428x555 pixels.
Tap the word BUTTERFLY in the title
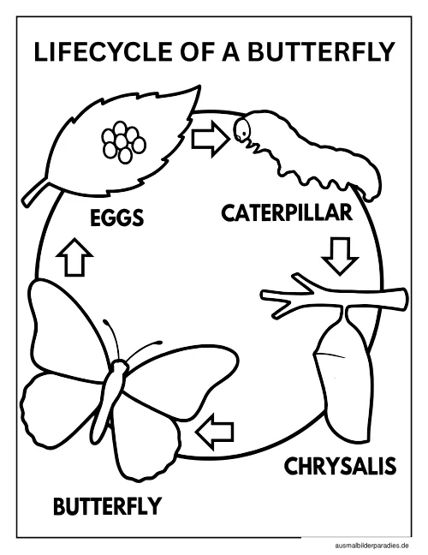point(321,51)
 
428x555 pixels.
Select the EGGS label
point(116,218)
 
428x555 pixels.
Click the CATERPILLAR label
point(287,212)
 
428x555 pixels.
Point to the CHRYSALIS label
point(340,466)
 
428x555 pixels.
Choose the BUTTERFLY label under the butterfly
point(107,506)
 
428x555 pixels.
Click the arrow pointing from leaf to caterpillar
point(210,139)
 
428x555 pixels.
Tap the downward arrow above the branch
point(340,255)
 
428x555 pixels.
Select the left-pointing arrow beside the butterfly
point(214,432)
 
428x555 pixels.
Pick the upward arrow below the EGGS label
point(74,257)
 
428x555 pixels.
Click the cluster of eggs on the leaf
point(124,142)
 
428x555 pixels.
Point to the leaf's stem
point(34,193)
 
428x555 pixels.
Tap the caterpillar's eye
point(244,133)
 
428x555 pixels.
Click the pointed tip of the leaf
point(200,86)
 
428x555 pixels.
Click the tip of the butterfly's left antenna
point(105,321)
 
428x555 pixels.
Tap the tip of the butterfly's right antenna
point(159,343)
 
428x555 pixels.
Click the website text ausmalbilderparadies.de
point(372,546)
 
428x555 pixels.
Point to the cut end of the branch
point(405,300)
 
